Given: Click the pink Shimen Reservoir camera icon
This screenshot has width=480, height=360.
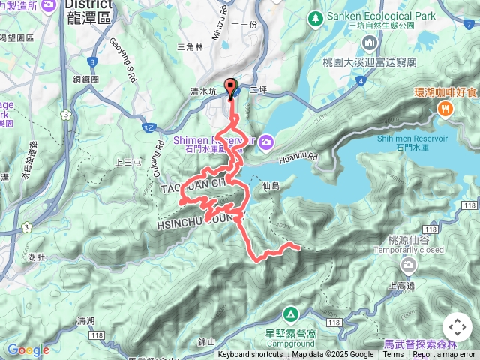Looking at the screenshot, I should [x=268, y=141].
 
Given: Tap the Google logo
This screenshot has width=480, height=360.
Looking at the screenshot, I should [x=28, y=349].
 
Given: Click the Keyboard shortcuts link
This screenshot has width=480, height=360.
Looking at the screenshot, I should [x=250, y=355].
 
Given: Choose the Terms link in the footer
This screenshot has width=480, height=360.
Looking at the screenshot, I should [x=392, y=355].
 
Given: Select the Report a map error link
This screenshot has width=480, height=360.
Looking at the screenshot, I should [x=444, y=355].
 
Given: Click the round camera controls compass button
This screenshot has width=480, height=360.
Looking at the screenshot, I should [x=457, y=327].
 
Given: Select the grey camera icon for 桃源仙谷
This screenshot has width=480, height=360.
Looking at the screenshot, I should [x=408, y=265].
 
